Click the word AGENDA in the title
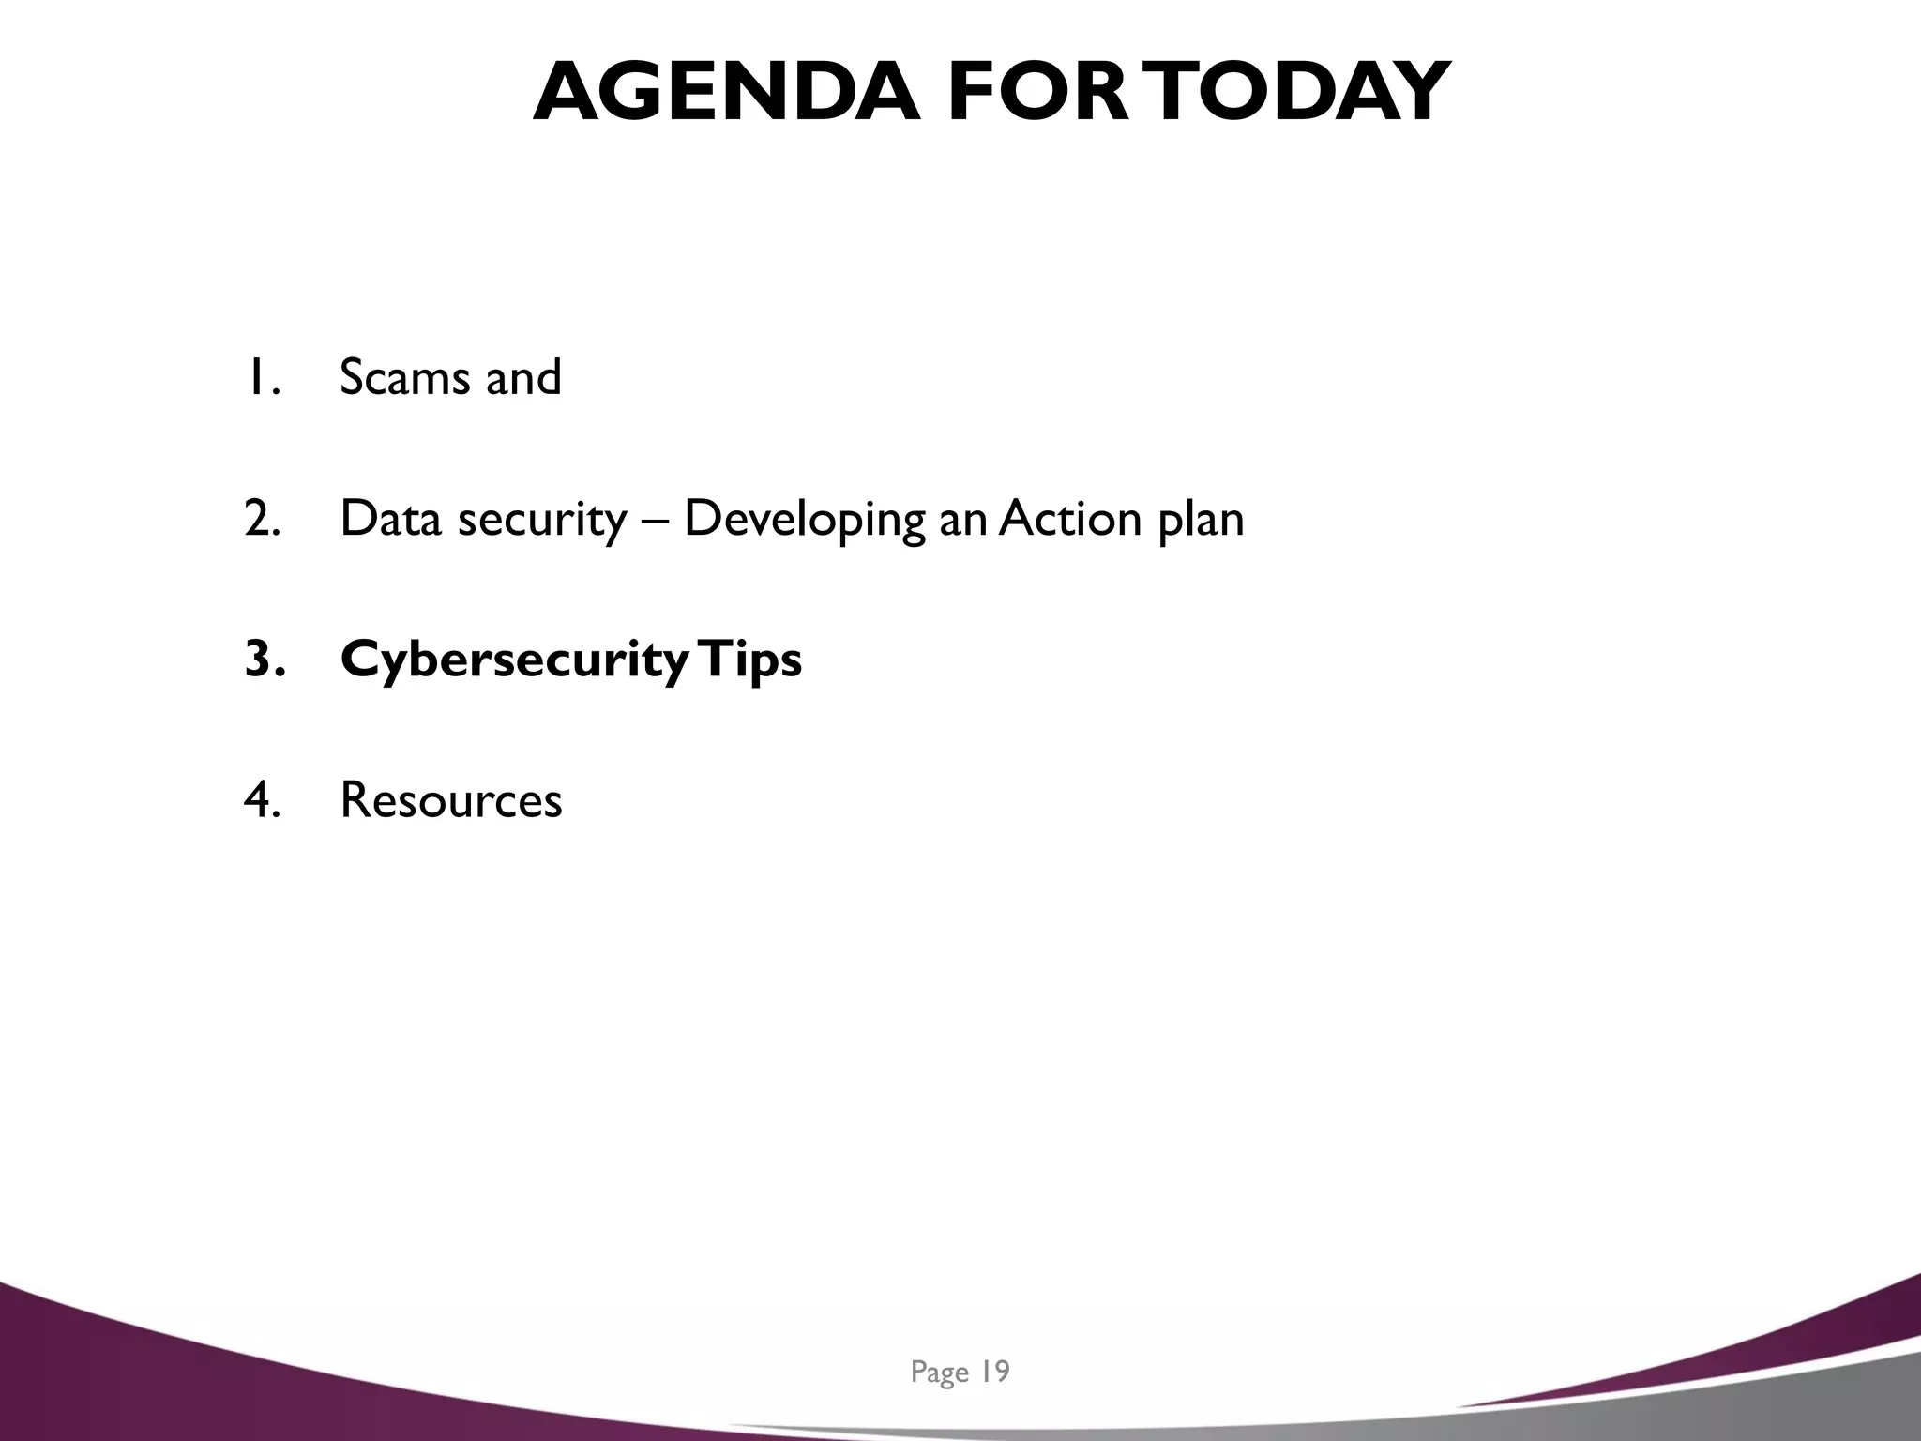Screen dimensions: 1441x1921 click(727, 92)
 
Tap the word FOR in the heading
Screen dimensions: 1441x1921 click(1039, 92)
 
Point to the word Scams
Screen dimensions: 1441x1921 click(404, 377)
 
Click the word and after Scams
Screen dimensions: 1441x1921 click(523, 377)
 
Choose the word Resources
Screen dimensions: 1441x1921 click(450, 800)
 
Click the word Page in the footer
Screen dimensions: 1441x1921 click(939, 1373)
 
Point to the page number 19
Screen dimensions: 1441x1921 click(994, 1372)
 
